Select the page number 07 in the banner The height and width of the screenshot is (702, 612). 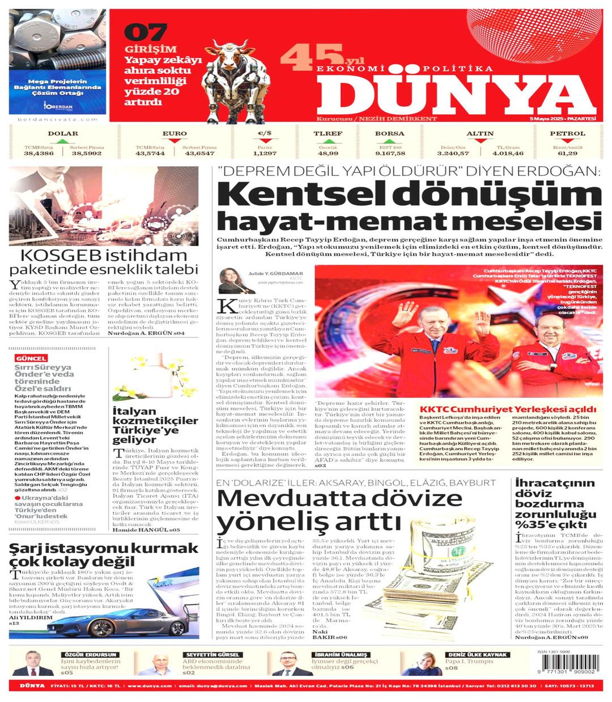click(x=145, y=31)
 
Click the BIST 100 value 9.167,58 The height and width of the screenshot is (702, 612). click(x=390, y=154)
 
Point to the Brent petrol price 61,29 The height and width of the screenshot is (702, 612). click(x=567, y=154)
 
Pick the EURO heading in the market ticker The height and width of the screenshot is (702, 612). click(x=174, y=134)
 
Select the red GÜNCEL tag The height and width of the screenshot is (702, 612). click(x=31, y=358)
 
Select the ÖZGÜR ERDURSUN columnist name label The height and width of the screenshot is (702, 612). click(x=91, y=654)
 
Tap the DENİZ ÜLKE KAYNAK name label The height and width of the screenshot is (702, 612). click(x=477, y=654)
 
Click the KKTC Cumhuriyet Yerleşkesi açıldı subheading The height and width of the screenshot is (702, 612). click(x=508, y=409)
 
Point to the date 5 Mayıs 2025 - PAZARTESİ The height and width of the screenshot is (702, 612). click(x=563, y=119)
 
